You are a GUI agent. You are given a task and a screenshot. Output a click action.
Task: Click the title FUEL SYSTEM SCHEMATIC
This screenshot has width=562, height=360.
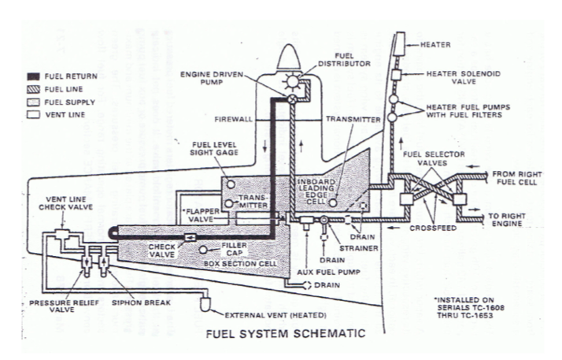[x=285, y=333]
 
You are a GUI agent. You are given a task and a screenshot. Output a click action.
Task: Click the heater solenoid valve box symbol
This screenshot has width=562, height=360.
[x=397, y=74]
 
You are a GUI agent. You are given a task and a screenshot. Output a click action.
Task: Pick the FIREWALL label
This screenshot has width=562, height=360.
[x=233, y=120]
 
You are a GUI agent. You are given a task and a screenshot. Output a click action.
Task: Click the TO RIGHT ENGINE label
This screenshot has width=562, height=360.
[x=512, y=218]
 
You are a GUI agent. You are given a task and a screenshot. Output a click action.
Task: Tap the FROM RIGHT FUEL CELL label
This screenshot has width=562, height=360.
[x=512, y=176]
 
